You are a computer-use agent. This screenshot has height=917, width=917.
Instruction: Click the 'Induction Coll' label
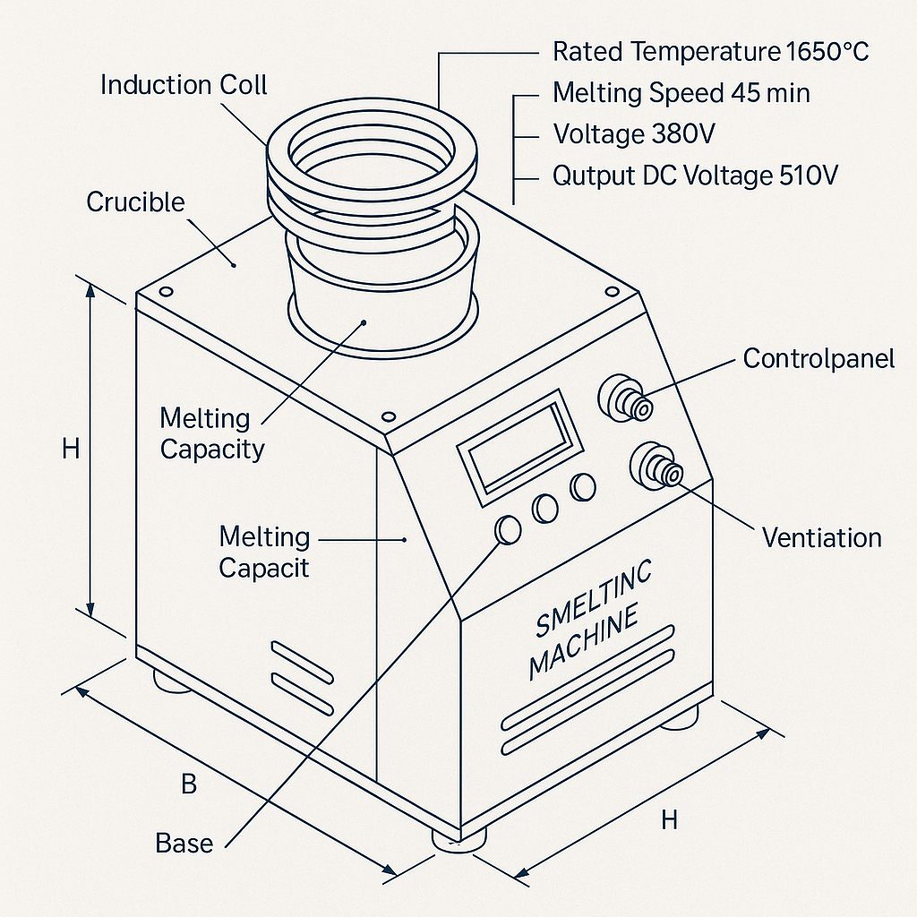click(x=184, y=85)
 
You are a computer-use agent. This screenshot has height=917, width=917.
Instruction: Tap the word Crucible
click(x=136, y=202)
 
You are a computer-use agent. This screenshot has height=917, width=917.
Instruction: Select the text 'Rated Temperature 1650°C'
click(x=710, y=51)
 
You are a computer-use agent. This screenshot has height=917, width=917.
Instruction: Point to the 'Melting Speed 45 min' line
click(x=681, y=93)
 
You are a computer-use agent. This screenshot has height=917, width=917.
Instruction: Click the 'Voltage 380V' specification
click(x=634, y=134)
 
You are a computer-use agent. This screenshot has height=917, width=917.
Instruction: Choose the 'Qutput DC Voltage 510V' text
click(x=695, y=176)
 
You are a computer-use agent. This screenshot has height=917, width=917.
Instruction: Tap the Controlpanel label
click(x=818, y=358)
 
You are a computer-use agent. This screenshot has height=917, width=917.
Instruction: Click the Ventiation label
click(x=822, y=537)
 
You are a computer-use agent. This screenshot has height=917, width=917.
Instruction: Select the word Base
click(x=184, y=844)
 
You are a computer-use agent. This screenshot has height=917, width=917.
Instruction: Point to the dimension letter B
click(x=189, y=784)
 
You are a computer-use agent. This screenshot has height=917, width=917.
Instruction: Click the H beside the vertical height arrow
click(x=71, y=450)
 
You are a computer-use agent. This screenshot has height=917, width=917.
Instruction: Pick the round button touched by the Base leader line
click(x=508, y=530)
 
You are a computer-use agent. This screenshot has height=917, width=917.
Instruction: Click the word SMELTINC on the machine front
click(x=593, y=597)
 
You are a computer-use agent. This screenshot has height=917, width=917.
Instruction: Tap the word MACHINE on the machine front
click(x=583, y=643)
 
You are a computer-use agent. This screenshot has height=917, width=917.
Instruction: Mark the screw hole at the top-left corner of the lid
click(x=166, y=291)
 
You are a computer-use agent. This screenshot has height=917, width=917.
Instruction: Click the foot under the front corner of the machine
click(x=459, y=840)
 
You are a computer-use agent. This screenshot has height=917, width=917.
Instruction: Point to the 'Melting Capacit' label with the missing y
click(x=264, y=552)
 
